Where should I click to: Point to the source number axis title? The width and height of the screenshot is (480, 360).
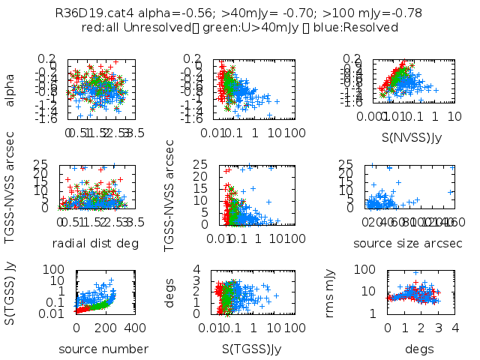103,349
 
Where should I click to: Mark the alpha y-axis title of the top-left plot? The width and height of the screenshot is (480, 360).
11,88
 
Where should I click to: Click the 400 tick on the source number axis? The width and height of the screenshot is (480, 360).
135,328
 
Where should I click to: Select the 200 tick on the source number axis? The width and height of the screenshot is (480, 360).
106,328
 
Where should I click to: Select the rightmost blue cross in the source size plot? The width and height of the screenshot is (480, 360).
450,193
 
